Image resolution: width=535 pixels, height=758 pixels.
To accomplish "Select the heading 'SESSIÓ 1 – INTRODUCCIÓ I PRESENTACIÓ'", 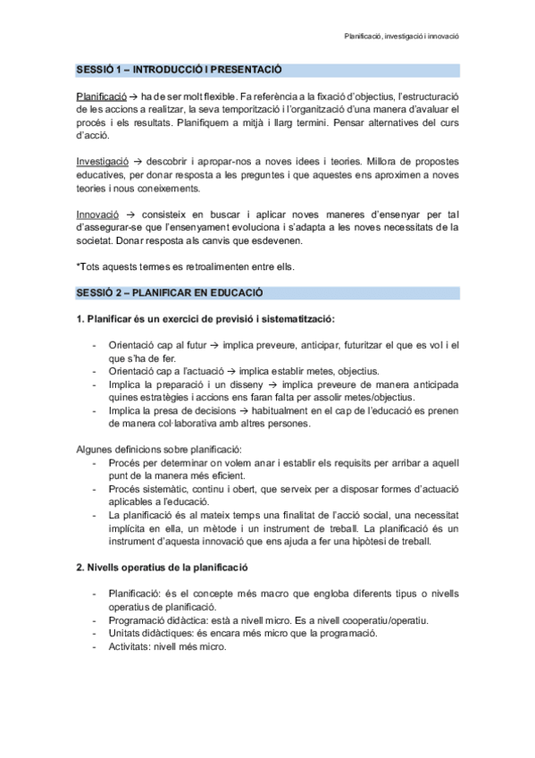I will [x=178, y=70].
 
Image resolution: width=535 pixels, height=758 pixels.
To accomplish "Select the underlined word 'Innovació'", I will [x=97, y=216].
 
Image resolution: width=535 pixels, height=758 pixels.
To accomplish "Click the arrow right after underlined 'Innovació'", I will [x=130, y=216].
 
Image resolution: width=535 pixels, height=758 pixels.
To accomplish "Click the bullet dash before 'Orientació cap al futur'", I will [x=95, y=345].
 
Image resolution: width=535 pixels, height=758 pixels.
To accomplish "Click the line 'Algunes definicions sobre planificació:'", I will [x=159, y=451].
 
